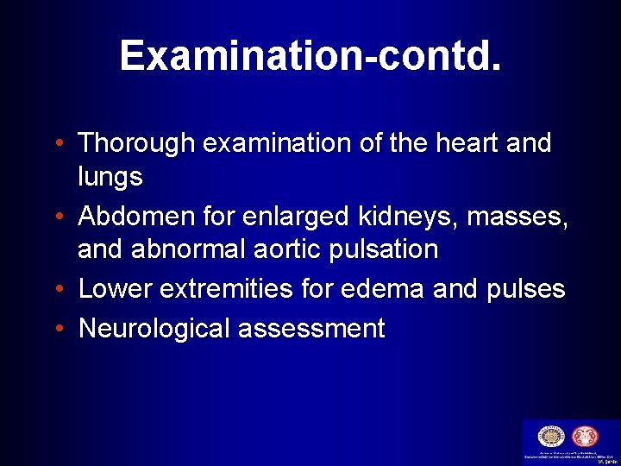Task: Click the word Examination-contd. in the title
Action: coord(310,55)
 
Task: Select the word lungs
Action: coord(110,178)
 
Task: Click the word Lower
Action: coord(112,288)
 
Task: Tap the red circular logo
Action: coord(585,437)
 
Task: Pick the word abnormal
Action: coord(187,250)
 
